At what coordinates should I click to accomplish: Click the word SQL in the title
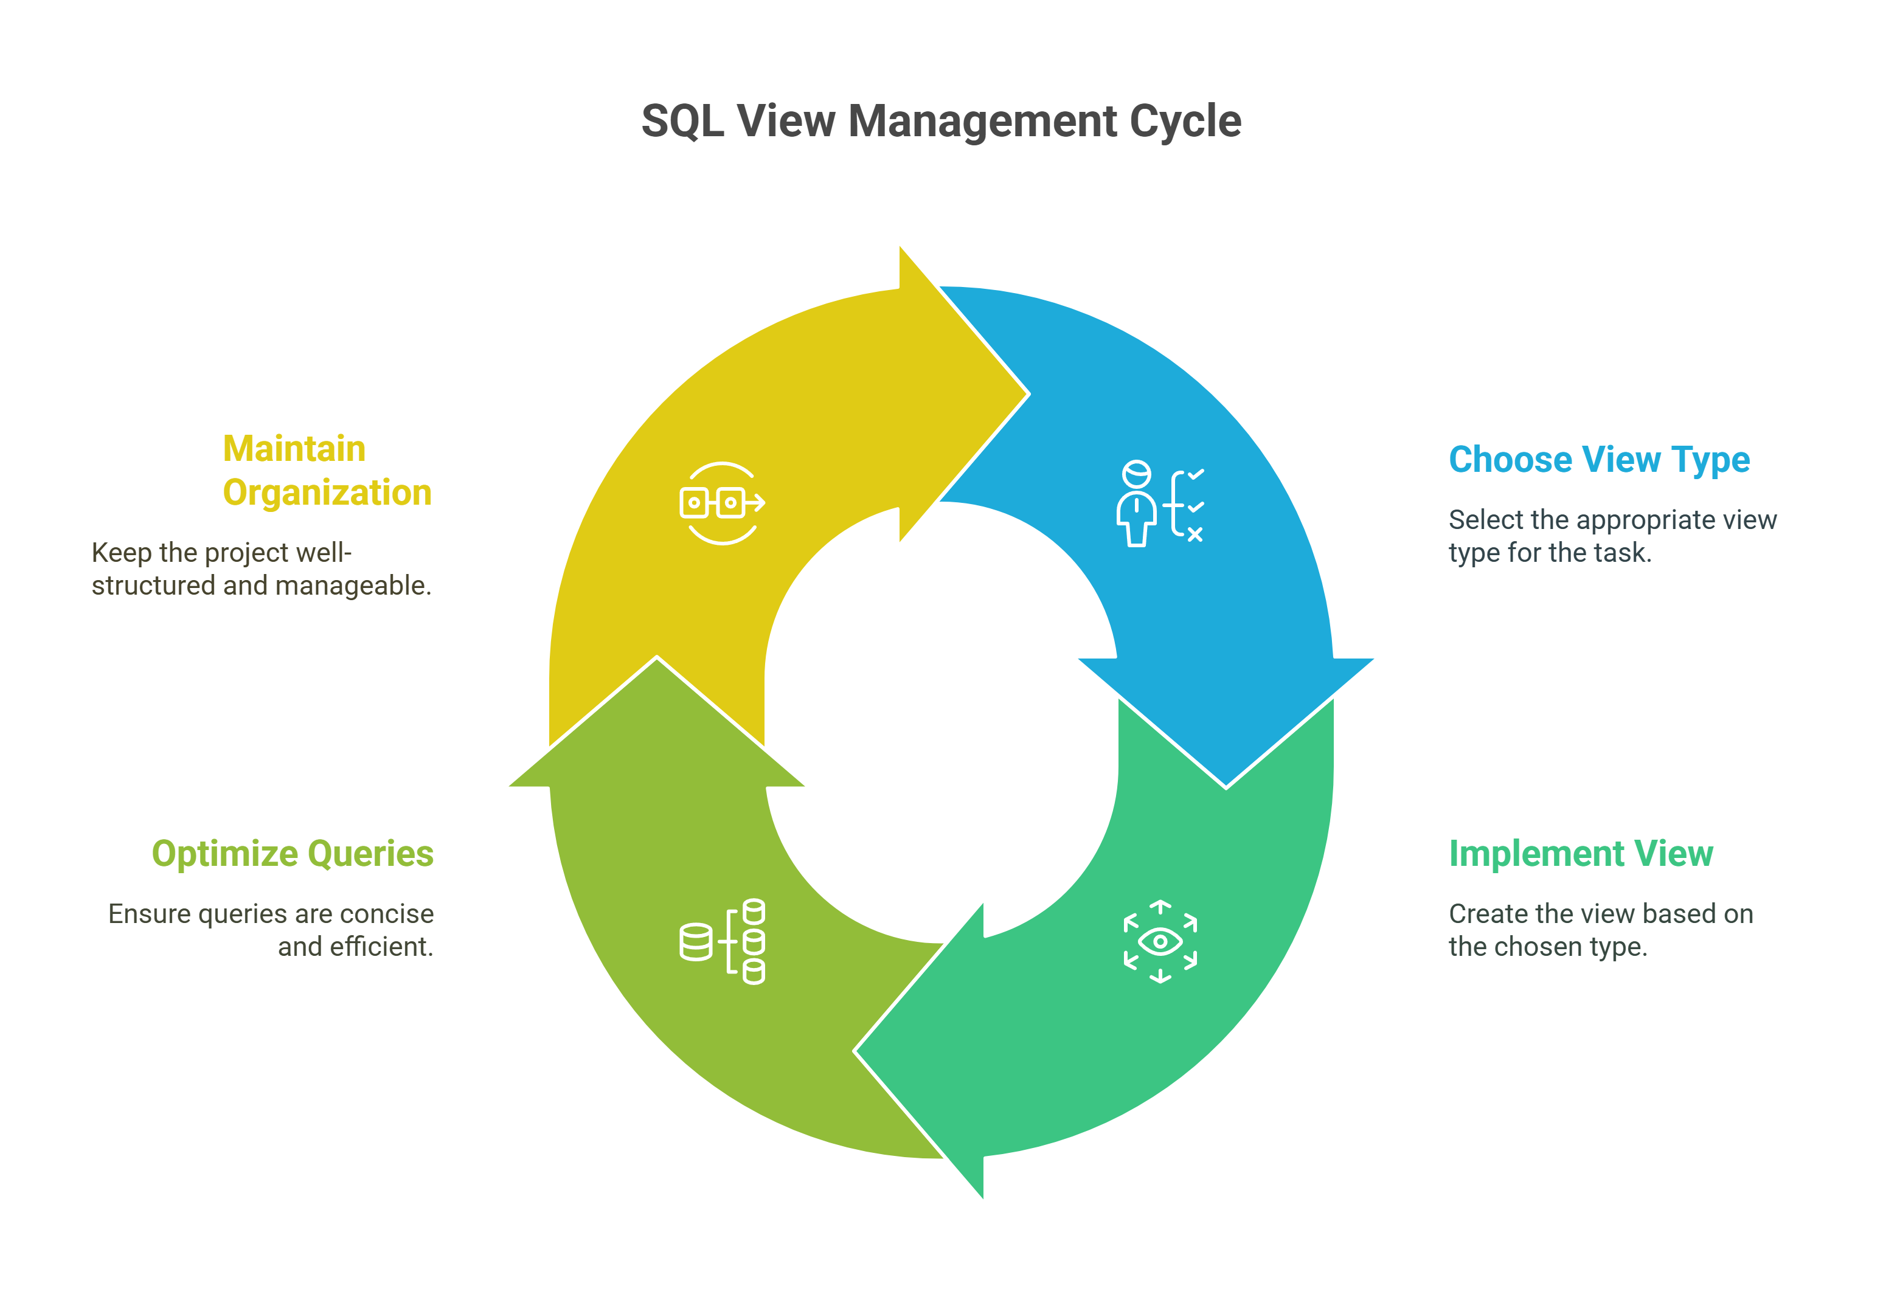[682, 122]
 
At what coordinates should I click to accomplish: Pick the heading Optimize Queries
[293, 855]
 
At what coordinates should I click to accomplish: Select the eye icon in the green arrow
[1160, 941]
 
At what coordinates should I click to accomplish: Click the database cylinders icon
[723, 941]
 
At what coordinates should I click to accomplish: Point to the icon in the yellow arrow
[723, 503]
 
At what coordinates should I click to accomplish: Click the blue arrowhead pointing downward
[1226, 721]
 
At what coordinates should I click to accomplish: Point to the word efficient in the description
[381, 947]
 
